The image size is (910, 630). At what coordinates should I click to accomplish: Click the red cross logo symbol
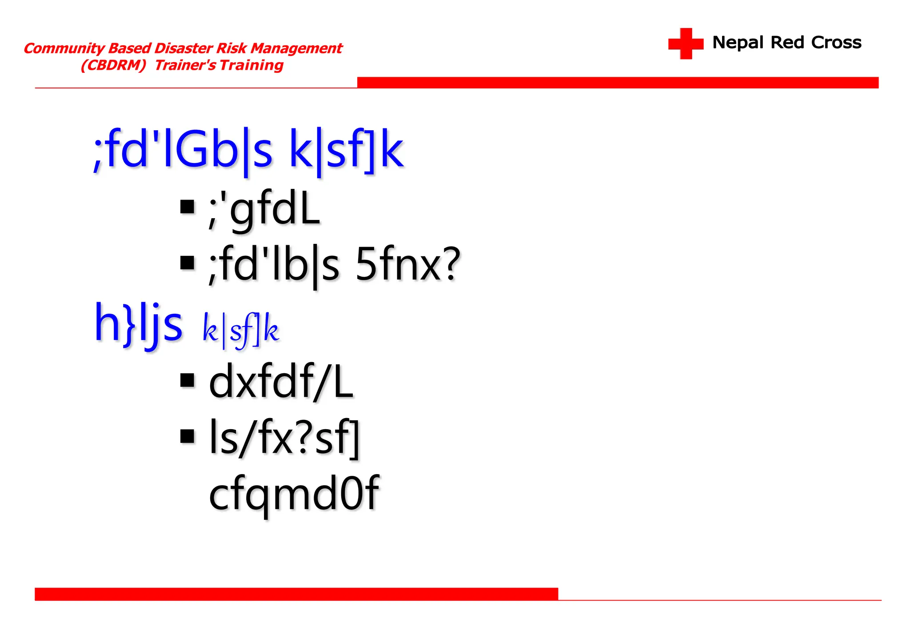686,44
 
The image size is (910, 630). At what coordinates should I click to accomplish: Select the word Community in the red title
64,48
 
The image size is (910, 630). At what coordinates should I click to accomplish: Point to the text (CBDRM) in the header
113,65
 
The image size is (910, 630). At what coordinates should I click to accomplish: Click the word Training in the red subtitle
251,65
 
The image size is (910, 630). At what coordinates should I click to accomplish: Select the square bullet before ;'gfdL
188,207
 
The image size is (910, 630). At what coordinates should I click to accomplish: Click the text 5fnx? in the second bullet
408,265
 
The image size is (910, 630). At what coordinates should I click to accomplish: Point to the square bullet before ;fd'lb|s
188,263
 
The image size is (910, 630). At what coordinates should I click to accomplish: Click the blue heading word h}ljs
138,323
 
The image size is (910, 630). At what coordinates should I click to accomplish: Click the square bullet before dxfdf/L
188,380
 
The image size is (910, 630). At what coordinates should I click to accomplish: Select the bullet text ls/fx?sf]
284,438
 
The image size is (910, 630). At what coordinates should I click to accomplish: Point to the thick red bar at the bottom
296,594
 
